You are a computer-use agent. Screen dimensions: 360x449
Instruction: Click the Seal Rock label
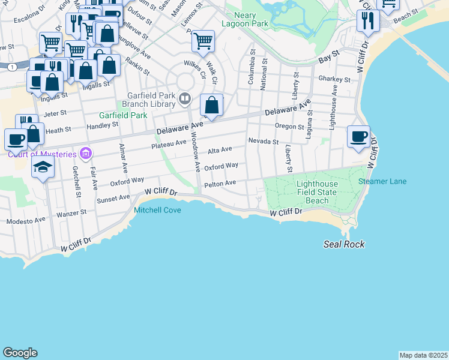[344, 244]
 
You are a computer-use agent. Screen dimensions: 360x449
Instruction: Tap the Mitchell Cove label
[157, 210]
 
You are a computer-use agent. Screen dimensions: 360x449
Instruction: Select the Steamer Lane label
[382, 182]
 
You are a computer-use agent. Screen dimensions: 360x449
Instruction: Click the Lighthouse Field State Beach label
[317, 192]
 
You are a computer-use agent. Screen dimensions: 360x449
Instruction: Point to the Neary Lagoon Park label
[238, 19]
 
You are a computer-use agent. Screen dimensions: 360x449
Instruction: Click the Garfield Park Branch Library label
[151, 99]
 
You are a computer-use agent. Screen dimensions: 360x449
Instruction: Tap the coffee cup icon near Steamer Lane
[358, 136]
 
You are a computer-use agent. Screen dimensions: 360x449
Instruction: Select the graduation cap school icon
[43, 166]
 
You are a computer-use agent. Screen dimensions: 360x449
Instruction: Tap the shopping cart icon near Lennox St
[203, 41]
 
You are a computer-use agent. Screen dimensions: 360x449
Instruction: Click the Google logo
[20, 353]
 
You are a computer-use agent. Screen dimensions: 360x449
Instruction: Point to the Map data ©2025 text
[423, 355]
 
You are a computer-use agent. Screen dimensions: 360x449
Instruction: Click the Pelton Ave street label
[220, 184]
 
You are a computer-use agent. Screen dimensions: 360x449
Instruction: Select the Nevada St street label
[264, 142]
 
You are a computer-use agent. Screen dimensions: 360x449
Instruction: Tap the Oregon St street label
[289, 127]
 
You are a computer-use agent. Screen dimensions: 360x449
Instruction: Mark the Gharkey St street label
[335, 79]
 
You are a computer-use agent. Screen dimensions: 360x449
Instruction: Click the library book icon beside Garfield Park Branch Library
[185, 98]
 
